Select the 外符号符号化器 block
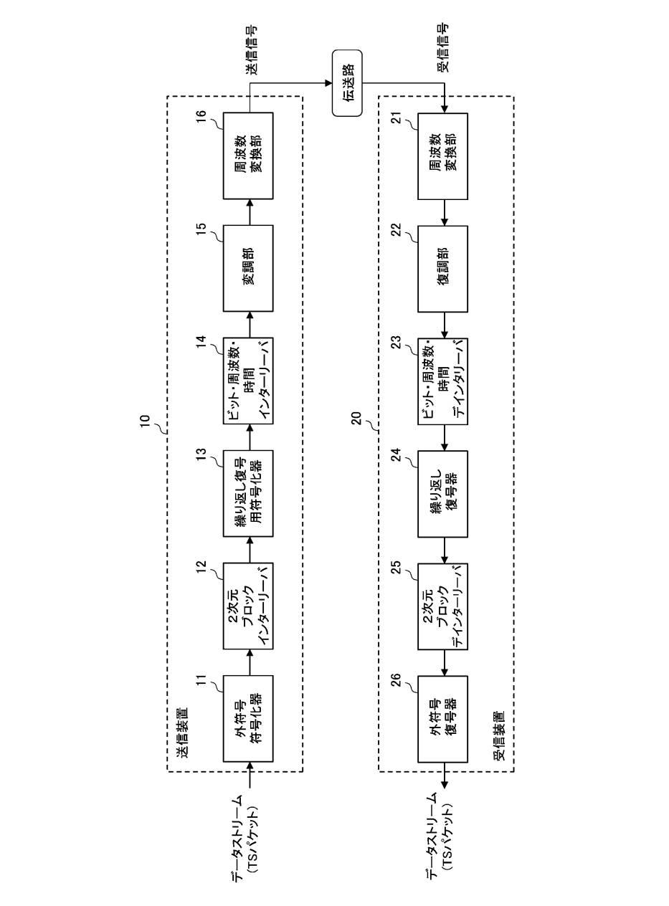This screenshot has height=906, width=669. pos(248,718)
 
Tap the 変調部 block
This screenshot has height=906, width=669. pos(248,268)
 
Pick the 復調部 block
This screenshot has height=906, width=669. pos(443,268)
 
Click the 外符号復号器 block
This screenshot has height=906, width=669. pos(443,718)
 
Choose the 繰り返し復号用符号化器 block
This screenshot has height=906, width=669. pos(248,493)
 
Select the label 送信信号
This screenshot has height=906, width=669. pos(251,51)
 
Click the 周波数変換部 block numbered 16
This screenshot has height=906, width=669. pos(248,156)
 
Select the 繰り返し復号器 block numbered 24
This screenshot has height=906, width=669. pos(443,493)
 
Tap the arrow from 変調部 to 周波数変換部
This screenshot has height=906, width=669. pos(248,212)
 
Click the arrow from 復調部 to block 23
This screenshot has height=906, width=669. pos(444,325)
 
